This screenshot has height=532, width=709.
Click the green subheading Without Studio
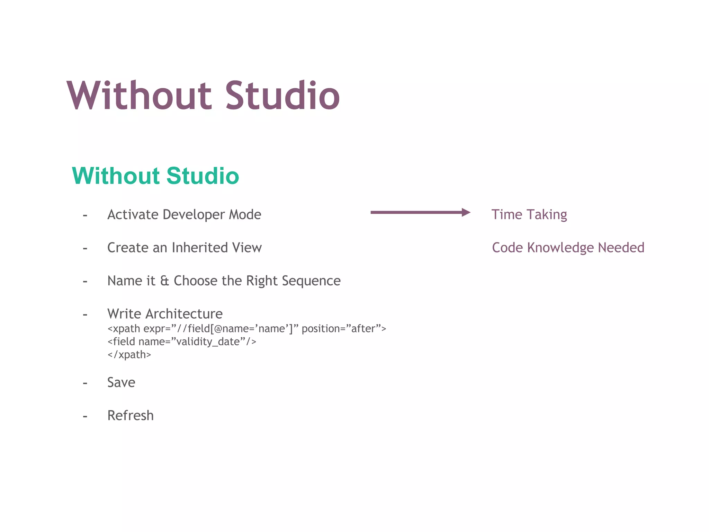[x=155, y=176]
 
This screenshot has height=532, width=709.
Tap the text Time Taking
[x=529, y=215]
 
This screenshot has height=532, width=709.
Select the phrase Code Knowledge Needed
[x=568, y=248]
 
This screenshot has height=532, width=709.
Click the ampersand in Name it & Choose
[x=164, y=281]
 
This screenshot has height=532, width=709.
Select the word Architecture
[x=184, y=314]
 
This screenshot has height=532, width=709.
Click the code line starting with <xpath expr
[x=246, y=328]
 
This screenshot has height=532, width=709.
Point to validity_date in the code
[x=208, y=342]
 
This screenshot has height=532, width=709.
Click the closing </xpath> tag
[x=129, y=355]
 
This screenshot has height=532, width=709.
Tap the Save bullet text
[x=121, y=382]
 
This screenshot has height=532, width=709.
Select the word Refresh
[x=131, y=416]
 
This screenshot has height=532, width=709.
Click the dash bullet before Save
[x=85, y=383]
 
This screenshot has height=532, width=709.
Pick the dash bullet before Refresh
[x=85, y=416]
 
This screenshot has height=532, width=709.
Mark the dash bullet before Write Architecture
[x=85, y=314]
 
